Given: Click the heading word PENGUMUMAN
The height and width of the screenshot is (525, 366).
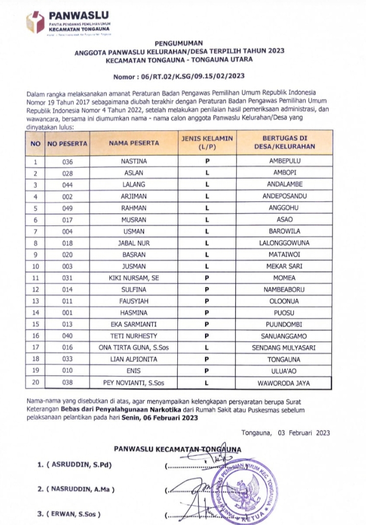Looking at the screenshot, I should (x=179, y=43).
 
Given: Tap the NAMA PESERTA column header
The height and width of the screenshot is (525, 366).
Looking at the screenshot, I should (x=134, y=142).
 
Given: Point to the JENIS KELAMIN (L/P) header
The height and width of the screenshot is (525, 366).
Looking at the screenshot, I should (x=208, y=142).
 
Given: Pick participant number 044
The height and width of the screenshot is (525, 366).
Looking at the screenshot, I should (x=67, y=184).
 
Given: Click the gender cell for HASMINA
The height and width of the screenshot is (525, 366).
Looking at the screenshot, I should (x=208, y=312).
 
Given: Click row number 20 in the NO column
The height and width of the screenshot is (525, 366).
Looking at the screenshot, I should (x=35, y=382).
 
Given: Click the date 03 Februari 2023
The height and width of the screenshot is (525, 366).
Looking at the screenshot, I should (x=304, y=433).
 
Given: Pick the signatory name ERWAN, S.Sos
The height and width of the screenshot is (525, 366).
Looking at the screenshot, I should (x=74, y=513).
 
